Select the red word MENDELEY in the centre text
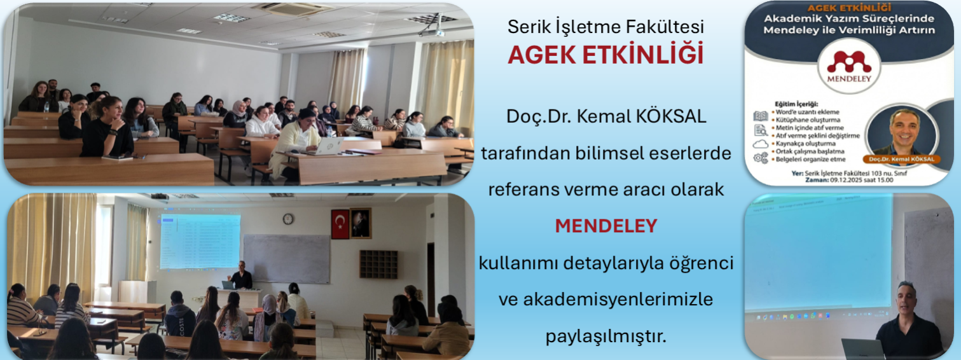605,226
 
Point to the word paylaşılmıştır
605,335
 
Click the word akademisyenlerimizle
605,299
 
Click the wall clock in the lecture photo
288,219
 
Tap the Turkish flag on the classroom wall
340,224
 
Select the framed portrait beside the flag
361,223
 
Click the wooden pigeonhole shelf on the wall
378,264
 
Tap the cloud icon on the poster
761,144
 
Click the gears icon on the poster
761,158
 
